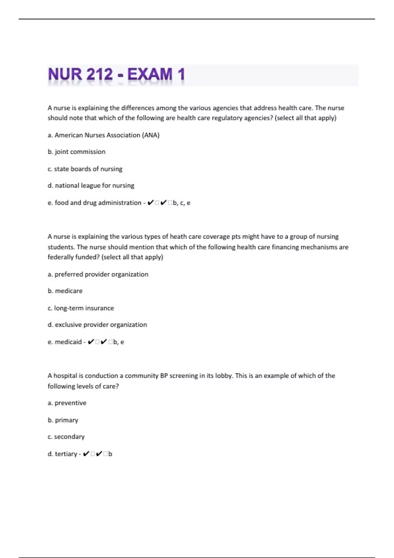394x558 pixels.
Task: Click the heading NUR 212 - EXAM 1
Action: pyautogui.click(x=117, y=74)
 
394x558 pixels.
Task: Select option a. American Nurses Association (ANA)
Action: pyautogui.click(x=103, y=135)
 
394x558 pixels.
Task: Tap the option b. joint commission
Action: pyautogui.click(x=77, y=152)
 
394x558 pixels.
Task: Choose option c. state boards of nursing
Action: pyautogui.click(x=85, y=169)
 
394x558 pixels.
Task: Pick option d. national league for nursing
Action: pyautogui.click(x=91, y=185)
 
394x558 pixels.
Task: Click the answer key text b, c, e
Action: pyautogui.click(x=182, y=203)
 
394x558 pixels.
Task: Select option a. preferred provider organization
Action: pyautogui.click(x=98, y=274)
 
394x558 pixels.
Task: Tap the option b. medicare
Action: pyautogui.click(x=65, y=291)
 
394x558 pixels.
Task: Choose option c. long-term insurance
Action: pyautogui.click(x=81, y=308)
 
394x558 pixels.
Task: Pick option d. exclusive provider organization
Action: pyautogui.click(x=97, y=325)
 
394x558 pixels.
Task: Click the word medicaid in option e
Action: pyautogui.click(x=68, y=342)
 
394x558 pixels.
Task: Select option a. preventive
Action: pyautogui.click(x=67, y=403)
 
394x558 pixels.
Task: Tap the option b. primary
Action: pyautogui.click(x=63, y=420)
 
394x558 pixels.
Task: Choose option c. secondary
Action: pyautogui.click(x=66, y=437)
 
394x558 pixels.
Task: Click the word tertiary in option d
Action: pyautogui.click(x=66, y=454)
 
